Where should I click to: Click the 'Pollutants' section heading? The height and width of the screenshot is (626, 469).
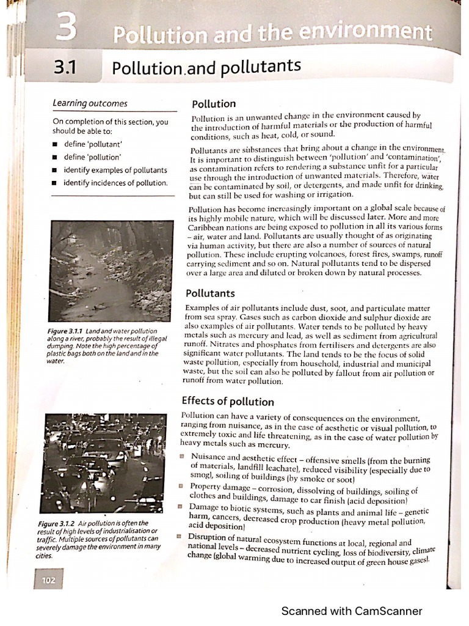pyautogui.click(x=210, y=293)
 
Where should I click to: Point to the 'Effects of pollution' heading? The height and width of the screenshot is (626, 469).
pyautogui.click(x=228, y=402)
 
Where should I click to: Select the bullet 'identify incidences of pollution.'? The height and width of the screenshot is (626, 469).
pyautogui.click(x=115, y=183)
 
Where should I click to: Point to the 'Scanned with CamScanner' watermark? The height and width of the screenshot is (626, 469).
pyautogui.click(x=351, y=611)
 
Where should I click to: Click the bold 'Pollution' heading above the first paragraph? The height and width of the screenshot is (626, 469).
pyautogui.click(x=213, y=104)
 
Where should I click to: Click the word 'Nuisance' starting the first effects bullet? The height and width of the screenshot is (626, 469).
pyautogui.click(x=208, y=457)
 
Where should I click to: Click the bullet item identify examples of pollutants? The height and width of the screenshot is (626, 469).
pyautogui.click(x=115, y=170)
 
